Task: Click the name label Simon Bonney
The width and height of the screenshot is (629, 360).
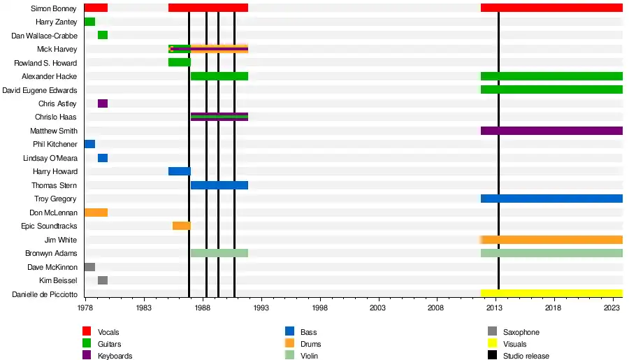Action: click(55, 8)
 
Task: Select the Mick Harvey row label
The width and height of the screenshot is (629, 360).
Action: click(57, 50)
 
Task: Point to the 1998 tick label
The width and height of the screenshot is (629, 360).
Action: click(320, 308)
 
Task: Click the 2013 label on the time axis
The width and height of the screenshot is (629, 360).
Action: click(495, 308)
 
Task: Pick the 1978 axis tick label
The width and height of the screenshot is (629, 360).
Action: click(85, 308)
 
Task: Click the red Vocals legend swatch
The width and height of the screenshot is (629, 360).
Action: click(87, 332)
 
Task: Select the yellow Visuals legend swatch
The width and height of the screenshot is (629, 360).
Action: click(492, 344)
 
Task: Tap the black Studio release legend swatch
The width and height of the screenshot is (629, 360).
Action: click(492, 356)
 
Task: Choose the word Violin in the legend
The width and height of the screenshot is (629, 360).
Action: click(310, 356)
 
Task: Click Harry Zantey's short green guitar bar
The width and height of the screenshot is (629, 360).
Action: click(89, 22)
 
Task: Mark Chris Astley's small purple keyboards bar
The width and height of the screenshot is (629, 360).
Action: click(103, 103)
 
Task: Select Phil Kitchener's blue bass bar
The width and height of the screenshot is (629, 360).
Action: click(89, 144)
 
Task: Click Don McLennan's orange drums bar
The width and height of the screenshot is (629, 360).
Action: click(96, 213)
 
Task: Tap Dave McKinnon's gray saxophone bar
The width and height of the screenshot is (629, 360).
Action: click(89, 267)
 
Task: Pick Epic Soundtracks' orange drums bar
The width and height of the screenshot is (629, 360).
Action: click(182, 226)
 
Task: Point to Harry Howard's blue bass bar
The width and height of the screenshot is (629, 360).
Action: click(180, 171)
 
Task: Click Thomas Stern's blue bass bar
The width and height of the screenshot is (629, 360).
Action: click(219, 185)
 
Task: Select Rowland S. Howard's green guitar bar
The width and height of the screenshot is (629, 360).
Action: click(180, 63)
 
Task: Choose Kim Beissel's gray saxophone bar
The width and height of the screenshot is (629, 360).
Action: click(103, 280)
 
